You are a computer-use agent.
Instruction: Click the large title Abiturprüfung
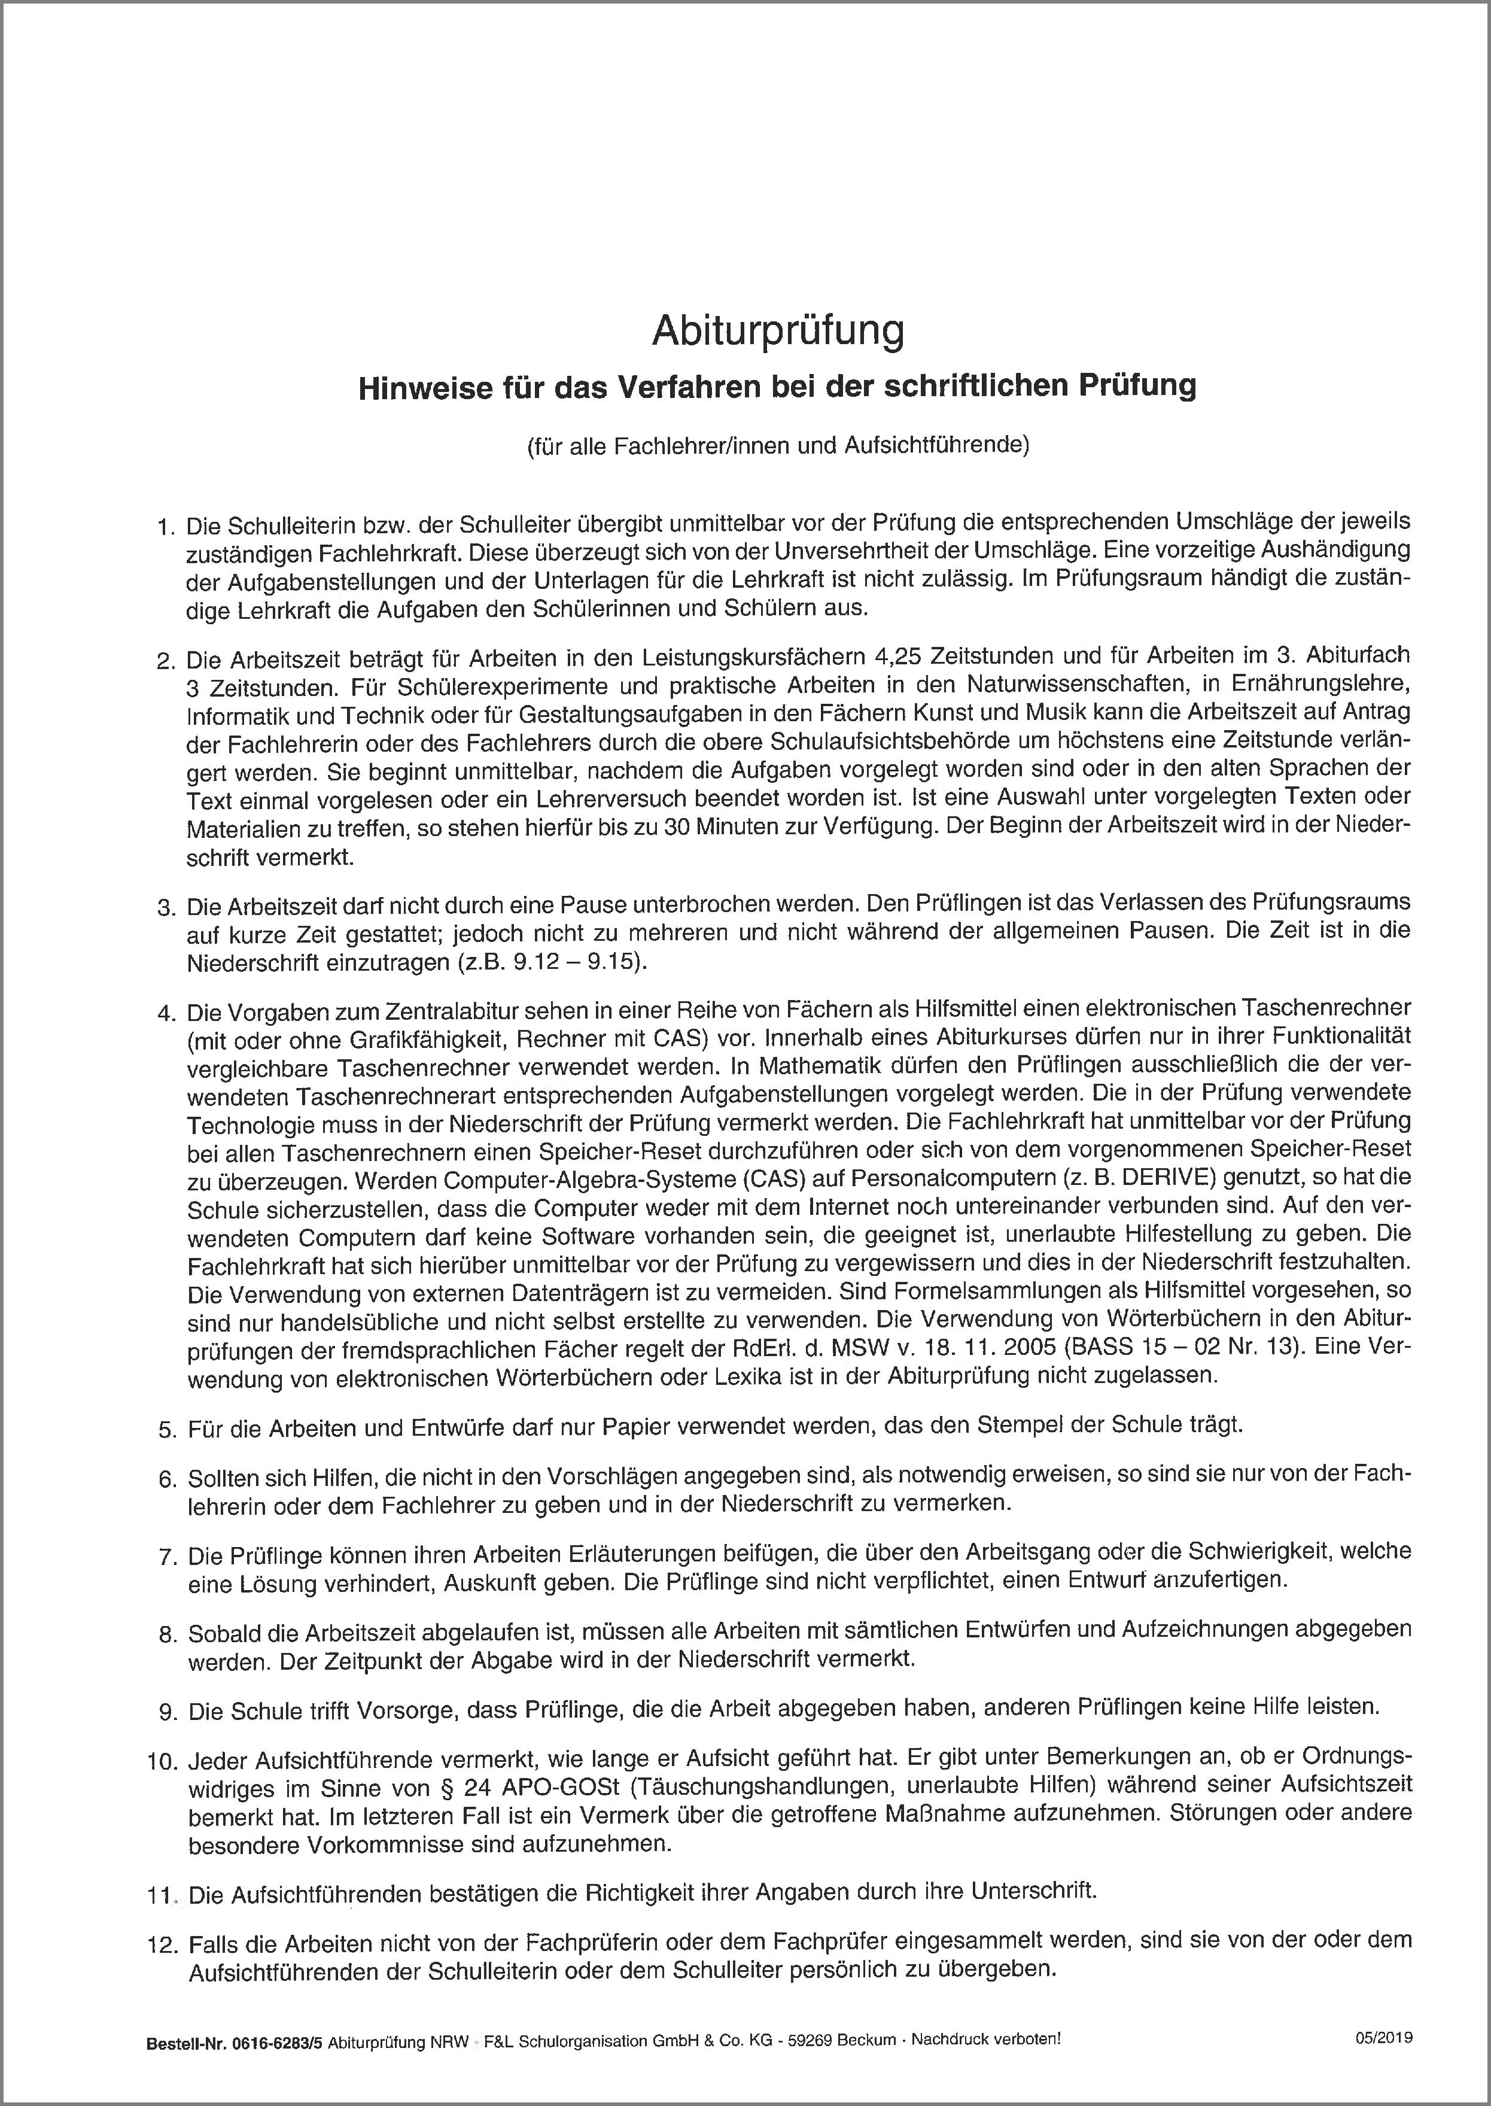(x=778, y=332)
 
